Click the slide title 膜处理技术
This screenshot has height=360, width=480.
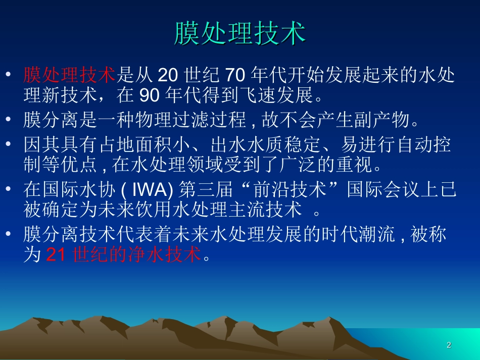pos(240,33)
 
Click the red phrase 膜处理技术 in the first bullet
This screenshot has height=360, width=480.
pos(70,76)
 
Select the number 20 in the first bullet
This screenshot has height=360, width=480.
pos(169,76)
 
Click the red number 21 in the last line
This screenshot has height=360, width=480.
pos(56,255)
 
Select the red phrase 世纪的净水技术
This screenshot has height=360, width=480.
pos(137,255)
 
